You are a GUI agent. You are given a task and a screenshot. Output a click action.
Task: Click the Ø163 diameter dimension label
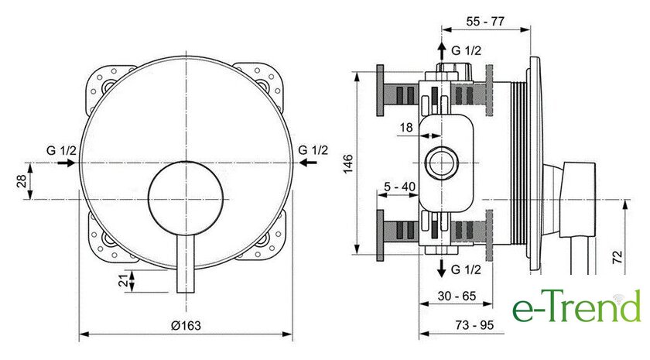[x=186, y=326]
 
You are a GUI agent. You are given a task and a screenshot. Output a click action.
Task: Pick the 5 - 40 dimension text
[x=399, y=186]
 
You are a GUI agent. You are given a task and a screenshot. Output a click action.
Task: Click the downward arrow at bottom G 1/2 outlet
[x=441, y=269]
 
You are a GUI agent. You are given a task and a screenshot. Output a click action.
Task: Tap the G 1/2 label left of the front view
[x=60, y=149]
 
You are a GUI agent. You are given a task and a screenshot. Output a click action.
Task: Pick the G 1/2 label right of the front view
[x=313, y=149]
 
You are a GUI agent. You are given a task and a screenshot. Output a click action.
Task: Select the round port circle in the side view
[x=442, y=163]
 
